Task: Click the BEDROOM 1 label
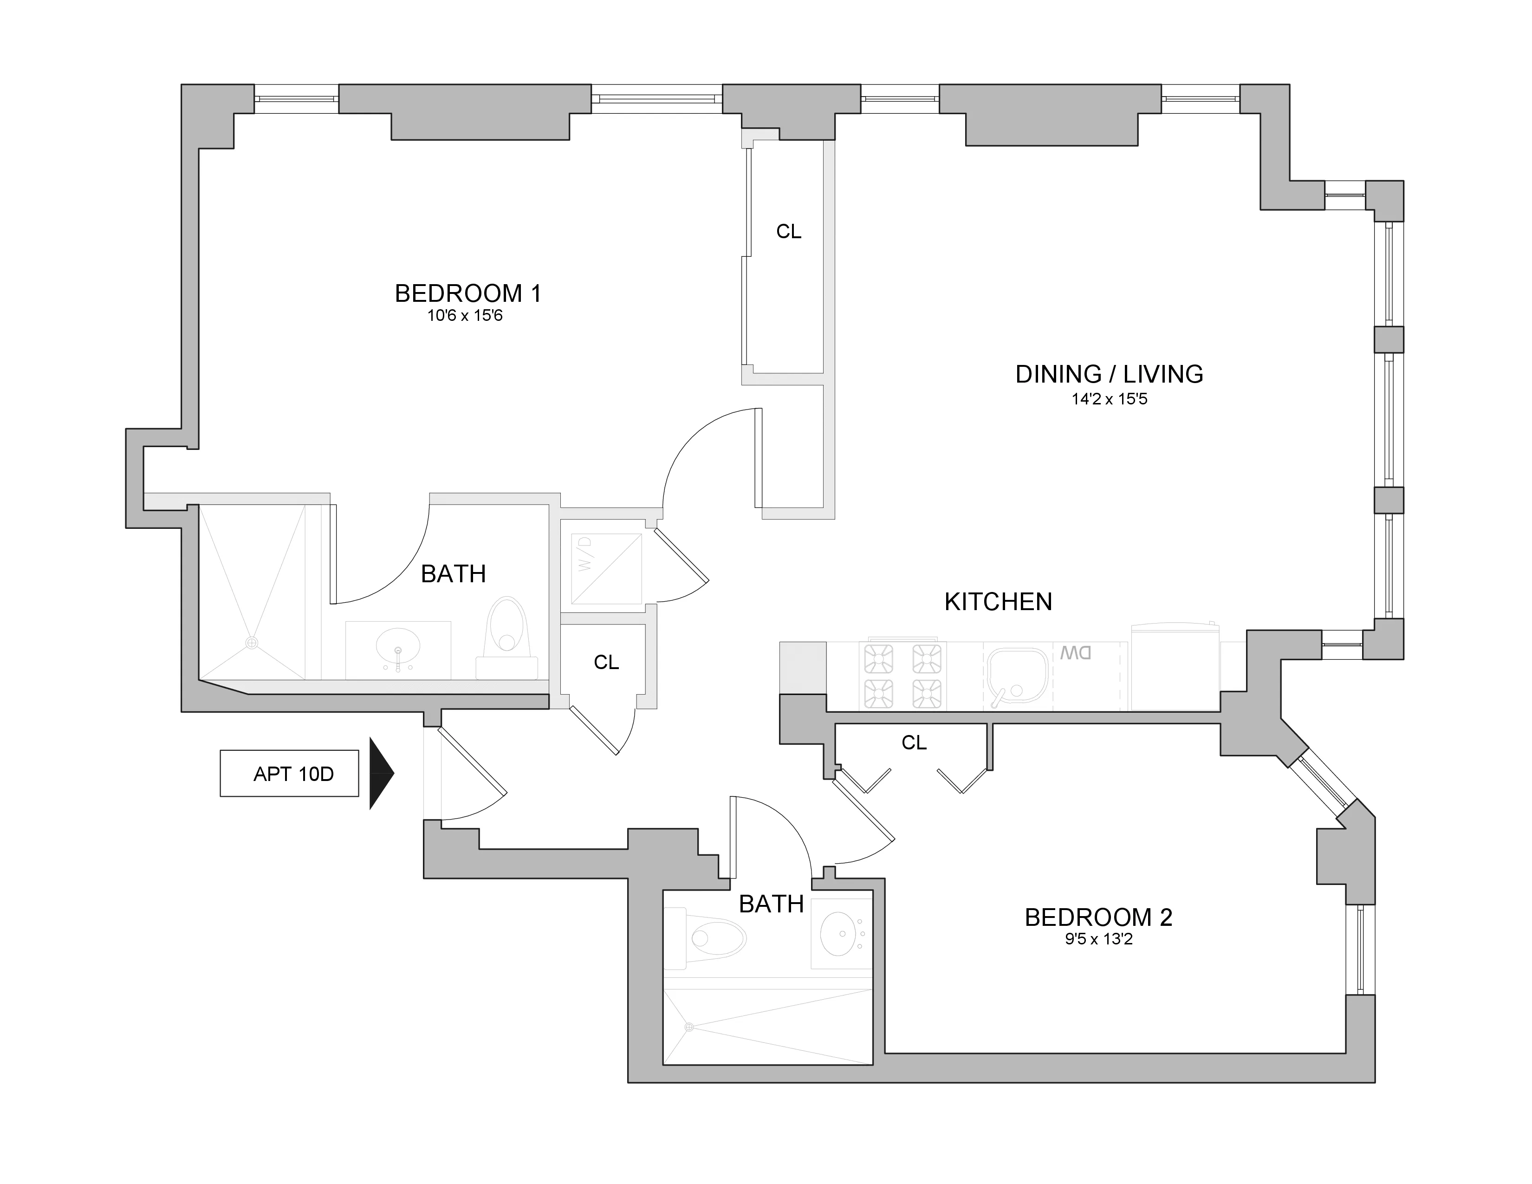(468, 293)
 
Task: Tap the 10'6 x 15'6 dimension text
(465, 316)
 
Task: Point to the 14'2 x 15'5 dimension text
(1109, 399)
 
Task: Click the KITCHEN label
(998, 602)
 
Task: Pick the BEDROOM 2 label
(1098, 917)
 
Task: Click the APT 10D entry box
(289, 774)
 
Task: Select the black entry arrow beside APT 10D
(381, 773)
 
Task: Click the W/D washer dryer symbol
(606, 569)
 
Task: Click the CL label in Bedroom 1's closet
(788, 232)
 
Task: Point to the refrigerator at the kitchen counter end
(1174, 666)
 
